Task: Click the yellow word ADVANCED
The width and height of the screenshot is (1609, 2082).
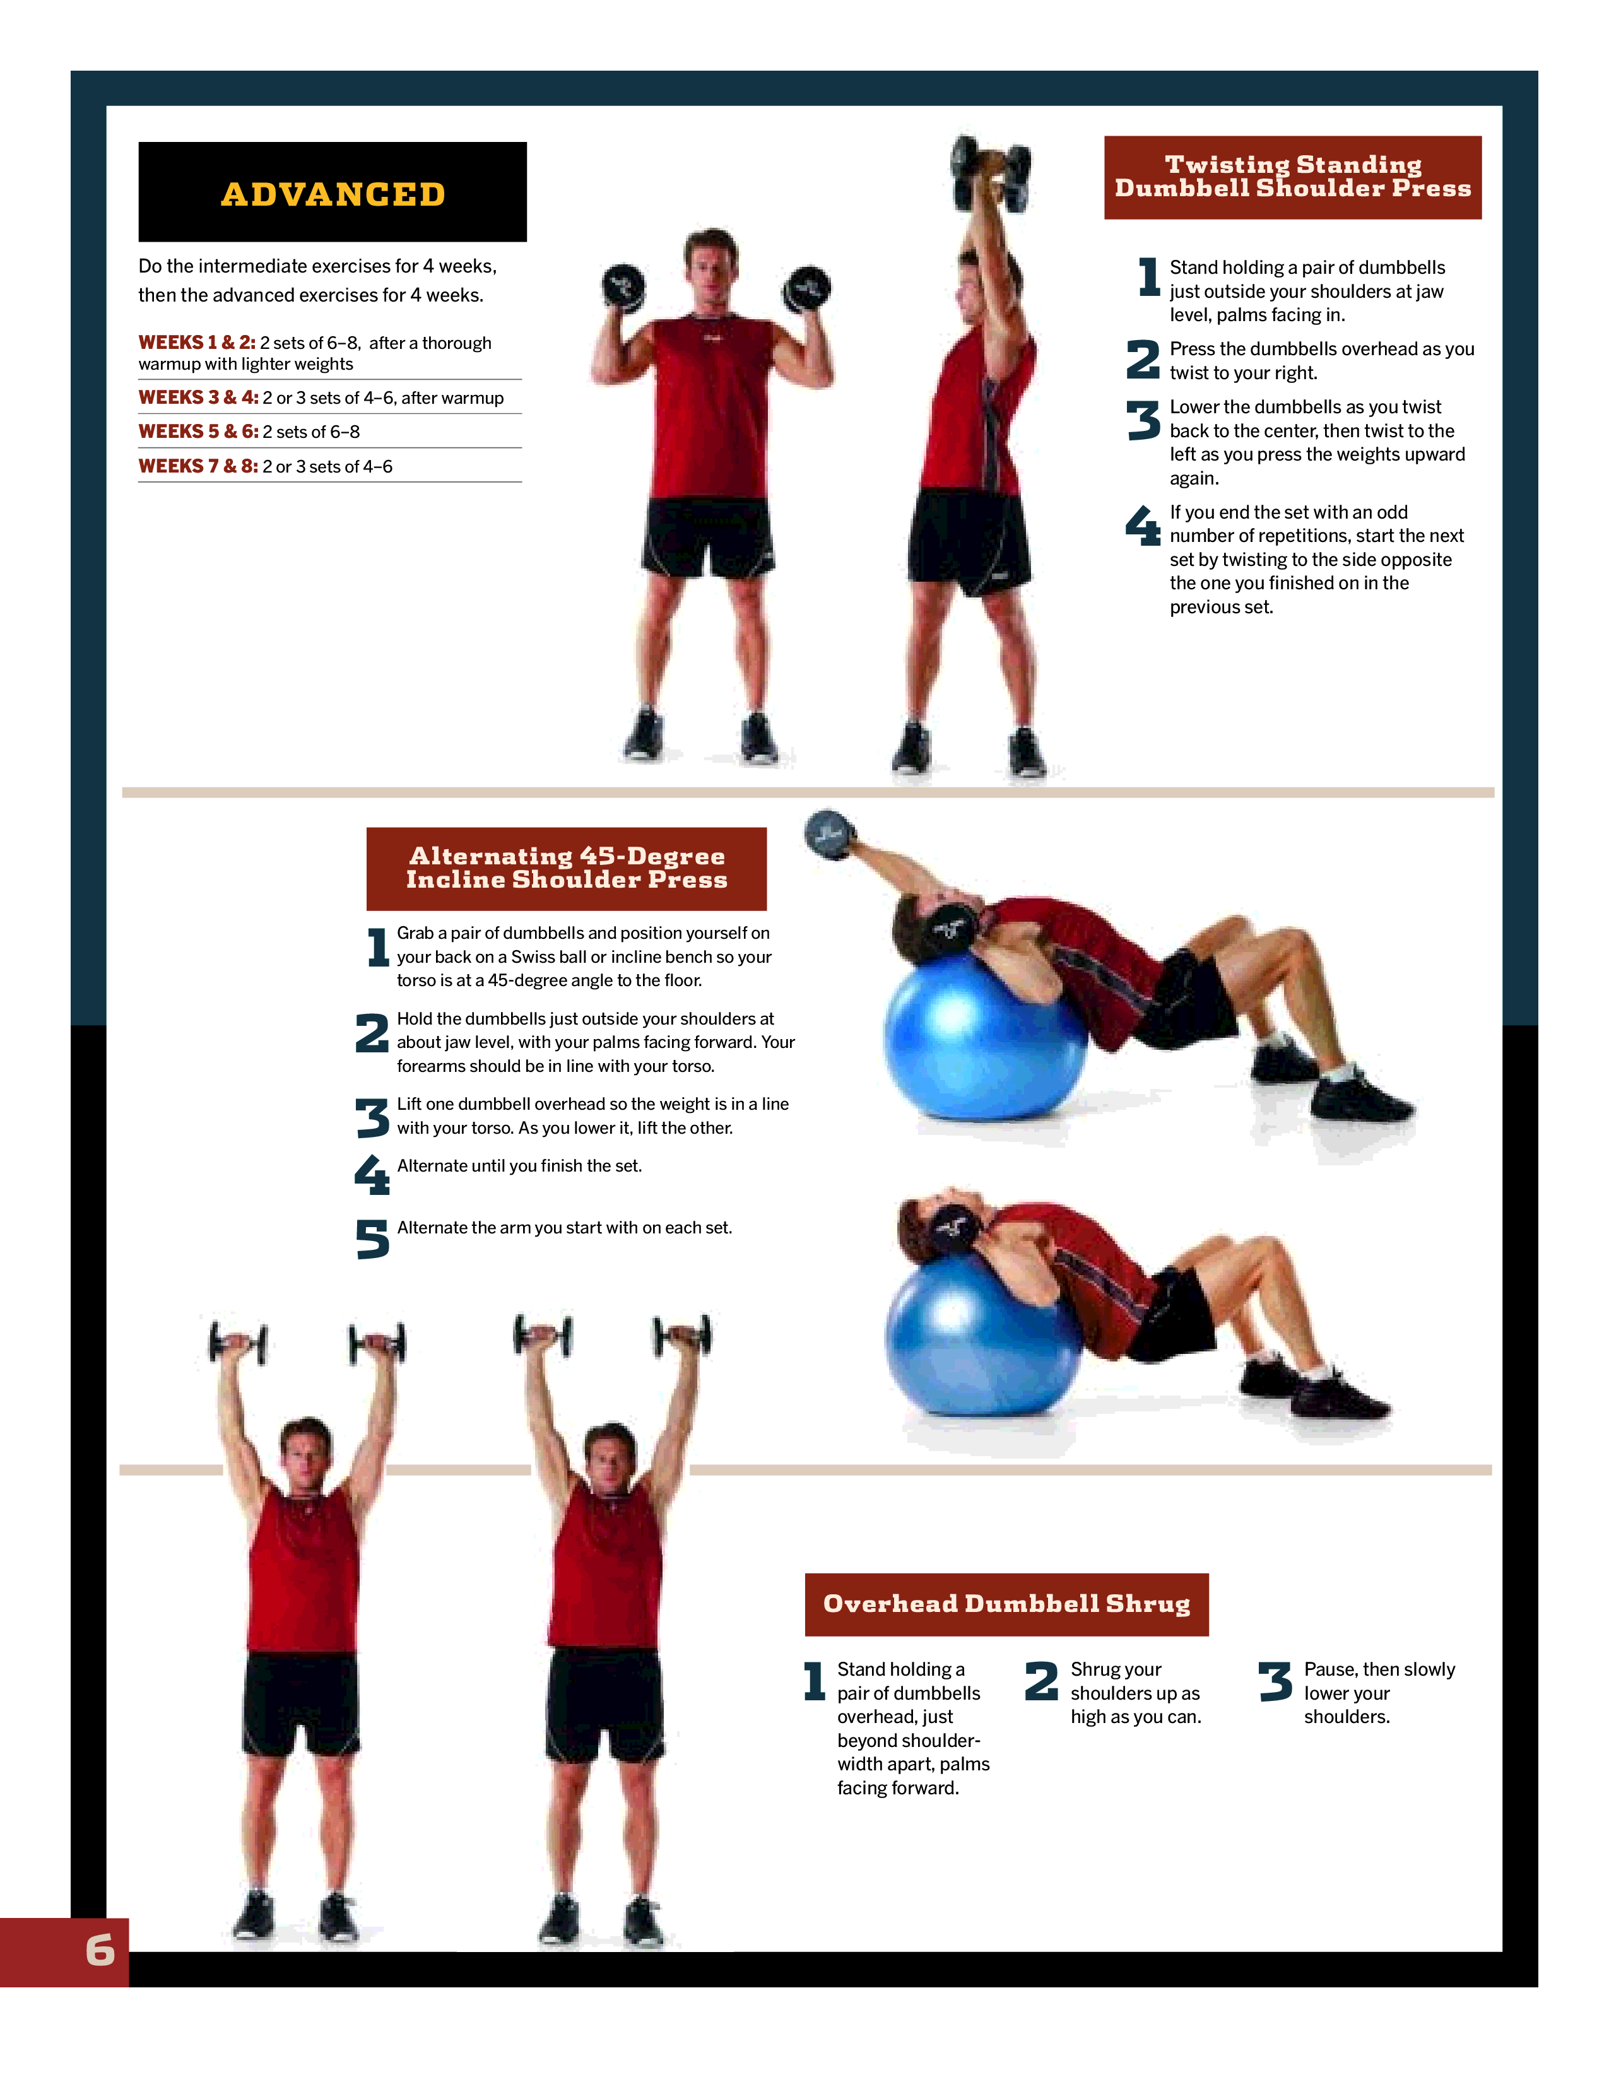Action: click(333, 194)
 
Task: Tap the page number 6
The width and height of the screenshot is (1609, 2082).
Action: click(100, 1950)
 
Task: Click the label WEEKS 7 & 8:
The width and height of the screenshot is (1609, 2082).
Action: click(198, 466)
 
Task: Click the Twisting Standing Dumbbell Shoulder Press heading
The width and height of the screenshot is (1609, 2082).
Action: click(1292, 177)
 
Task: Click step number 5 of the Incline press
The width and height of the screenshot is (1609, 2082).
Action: click(373, 1239)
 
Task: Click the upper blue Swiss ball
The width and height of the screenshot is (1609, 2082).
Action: click(985, 1039)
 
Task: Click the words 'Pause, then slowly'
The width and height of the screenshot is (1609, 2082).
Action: click(1379, 1669)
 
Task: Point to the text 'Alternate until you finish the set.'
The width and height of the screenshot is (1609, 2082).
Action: click(519, 1166)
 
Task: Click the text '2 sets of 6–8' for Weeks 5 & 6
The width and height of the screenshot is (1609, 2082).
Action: click(312, 432)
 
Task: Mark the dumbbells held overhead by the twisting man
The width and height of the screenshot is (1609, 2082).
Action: click(991, 172)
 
